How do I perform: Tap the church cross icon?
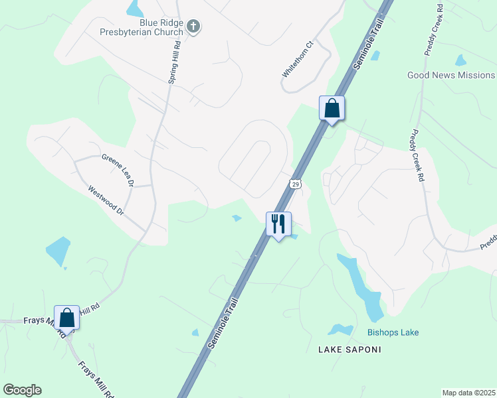(x=193, y=27)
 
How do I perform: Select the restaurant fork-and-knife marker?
(x=278, y=224)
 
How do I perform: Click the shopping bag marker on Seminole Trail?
(x=332, y=108)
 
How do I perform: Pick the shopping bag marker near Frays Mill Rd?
(x=66, y=317)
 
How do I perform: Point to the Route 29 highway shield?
(x=296, y=183)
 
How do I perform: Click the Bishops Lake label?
(x=393, y=332)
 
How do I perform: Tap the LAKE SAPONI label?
(x=349, y=349)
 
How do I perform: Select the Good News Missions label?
(x=451, y=75)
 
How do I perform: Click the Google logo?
(x=22, y=390)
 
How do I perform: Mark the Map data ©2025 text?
(x=468, y=393)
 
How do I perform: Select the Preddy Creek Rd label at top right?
(x=434, y=31)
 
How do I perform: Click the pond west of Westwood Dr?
(x=58, y=251)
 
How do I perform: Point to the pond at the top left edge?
(x=135, y=8)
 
